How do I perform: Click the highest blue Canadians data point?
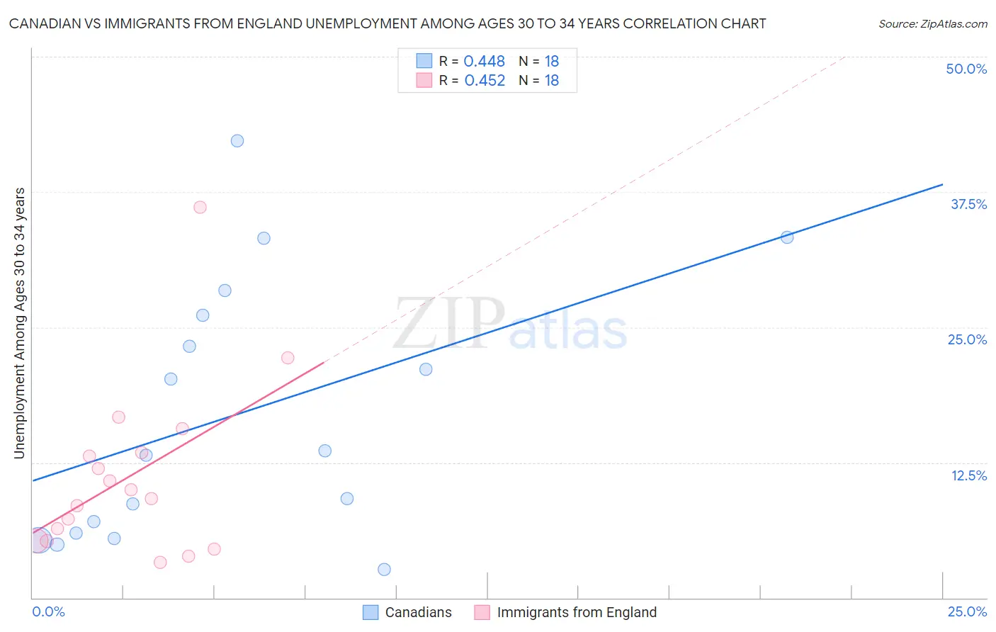(x=237, y=141)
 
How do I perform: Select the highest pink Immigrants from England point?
(x=200, y=208)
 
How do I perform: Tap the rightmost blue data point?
(x=787, y=237)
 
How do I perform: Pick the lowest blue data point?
(x=384, y=570)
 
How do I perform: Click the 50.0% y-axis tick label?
(x=966, y=69)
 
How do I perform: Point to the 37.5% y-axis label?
(x=968, y=204)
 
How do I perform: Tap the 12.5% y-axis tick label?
(x=968, y=475)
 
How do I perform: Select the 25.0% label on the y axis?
(x=967, y=339)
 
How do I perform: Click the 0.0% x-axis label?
(x=48, y=612)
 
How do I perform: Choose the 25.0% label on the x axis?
(x=967, y=612)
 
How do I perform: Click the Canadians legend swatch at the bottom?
(x=370, y=612)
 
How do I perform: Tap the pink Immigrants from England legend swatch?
(x=482, y=612)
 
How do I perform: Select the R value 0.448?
(x=485, y=62)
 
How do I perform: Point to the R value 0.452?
(x=485, y=81)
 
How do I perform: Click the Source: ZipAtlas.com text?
(x=932, y=24)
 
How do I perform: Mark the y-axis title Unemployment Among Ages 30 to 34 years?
(x=20, y=323)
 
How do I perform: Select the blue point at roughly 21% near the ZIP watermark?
(x=426, y=369)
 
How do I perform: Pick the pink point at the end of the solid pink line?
(x=288, y=358)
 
